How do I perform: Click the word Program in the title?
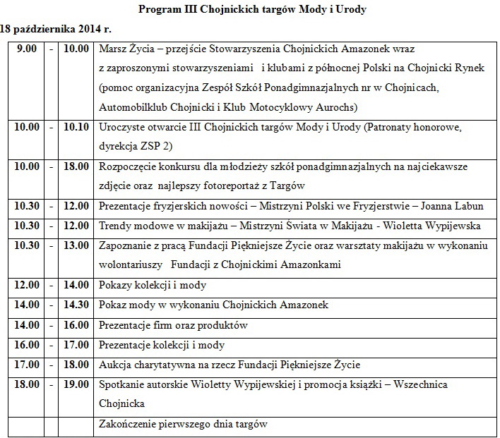point(159,10)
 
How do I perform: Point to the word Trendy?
point(114,226)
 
